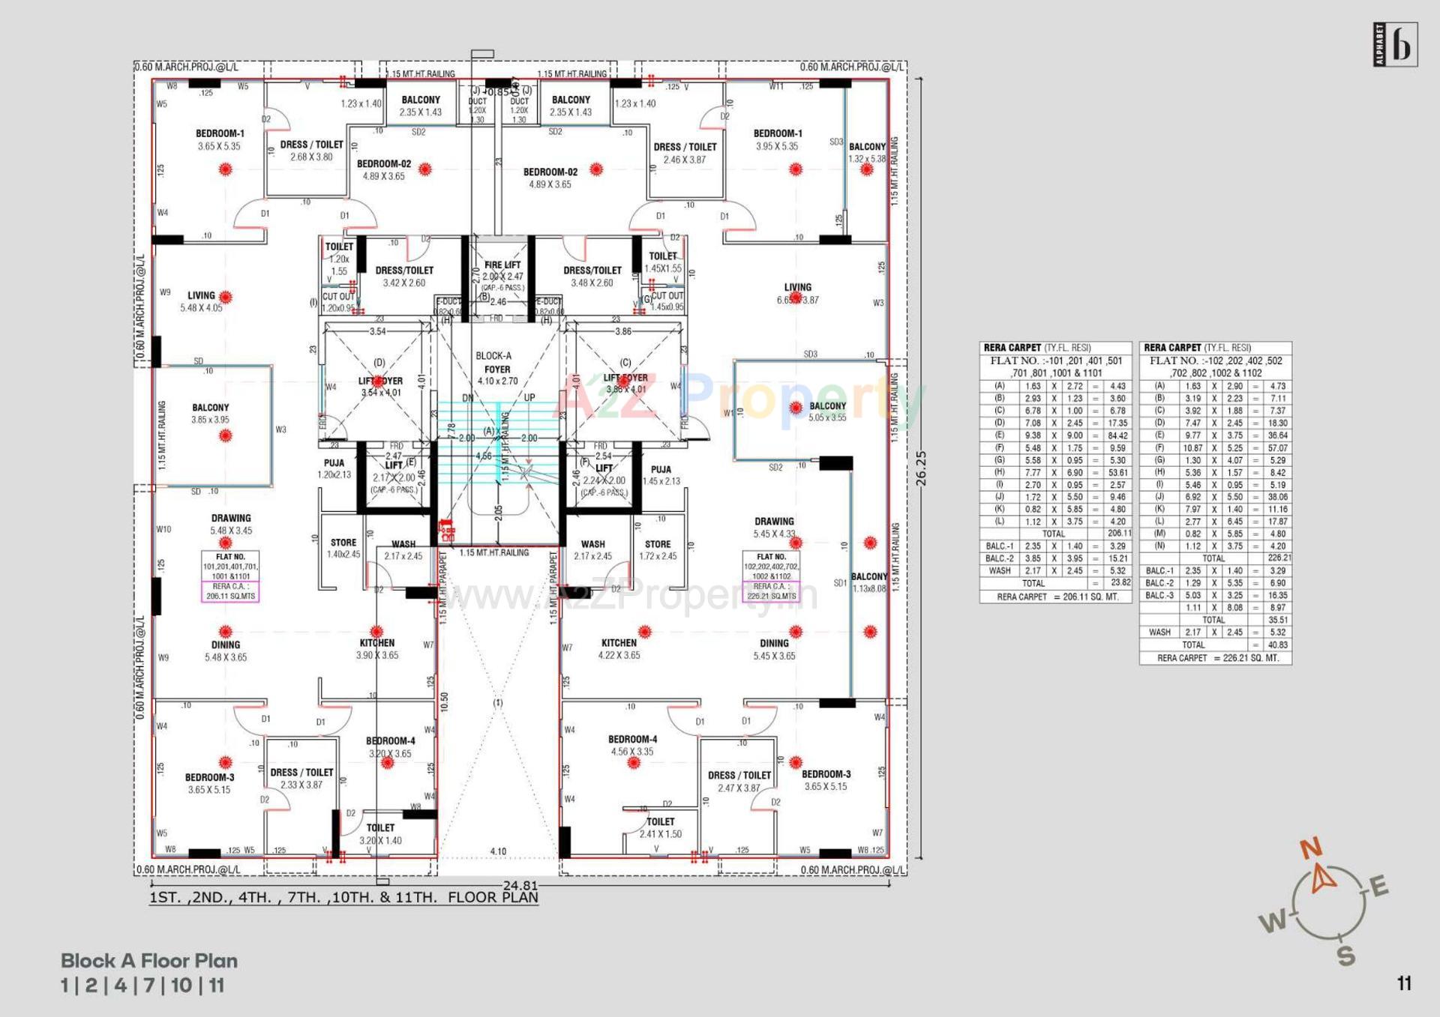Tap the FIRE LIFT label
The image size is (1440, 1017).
pyautogui.click(x=502, y=265)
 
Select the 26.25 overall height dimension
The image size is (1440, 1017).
pyautogui.click(x=922, y=468)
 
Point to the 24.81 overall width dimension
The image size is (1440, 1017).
pyautogui.click(x=520, y=885)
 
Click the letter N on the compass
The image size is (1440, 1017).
pyautogui.click(x=1311, y=849)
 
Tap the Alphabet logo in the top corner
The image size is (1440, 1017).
pyautogui.click(x=1395, y=46)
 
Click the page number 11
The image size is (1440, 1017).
pyautogui.click(x=1404, y=983)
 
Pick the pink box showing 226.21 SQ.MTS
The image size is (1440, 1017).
pyautogui.click(x=771, y=591)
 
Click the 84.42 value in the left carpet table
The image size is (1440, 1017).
pyautogui.click(x=1117, y=435)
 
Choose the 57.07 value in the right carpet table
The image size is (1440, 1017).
pyautogui.click(x=1277, y=448)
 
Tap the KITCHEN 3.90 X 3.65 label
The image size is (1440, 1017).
pyautogui.click(x=377, y=649)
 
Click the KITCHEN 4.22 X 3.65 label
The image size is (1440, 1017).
pyautogui.click(x=619, y=649)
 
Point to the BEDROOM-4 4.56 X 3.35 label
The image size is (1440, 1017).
pyautogui.click(x=632, y=745)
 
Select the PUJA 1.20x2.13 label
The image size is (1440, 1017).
pyautogui.click(x=334, y=469)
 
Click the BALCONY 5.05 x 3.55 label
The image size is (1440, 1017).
pyautogui.click(x=827, y=411)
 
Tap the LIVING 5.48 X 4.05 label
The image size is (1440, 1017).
pyautogui.click(x=201, y=301)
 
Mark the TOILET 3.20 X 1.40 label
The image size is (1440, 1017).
pyautogui.click(x=380, y=834)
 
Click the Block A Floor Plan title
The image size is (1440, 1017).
pyautogui.click(x=149, y=961)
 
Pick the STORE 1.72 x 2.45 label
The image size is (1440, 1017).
pyautogui.click(x=658, y=550)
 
